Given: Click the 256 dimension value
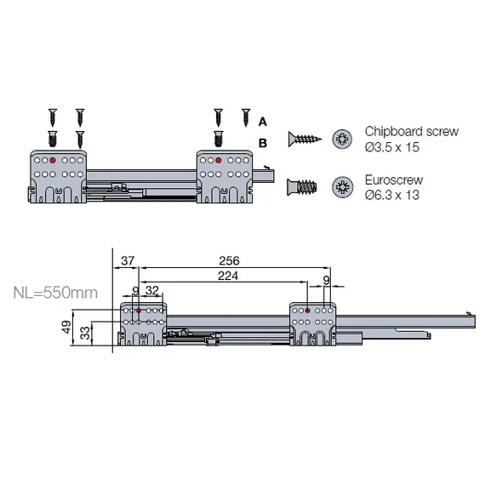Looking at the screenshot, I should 229,260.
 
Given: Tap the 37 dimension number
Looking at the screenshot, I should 128,260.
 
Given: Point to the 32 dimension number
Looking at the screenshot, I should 153,290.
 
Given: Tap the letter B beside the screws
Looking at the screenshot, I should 262,142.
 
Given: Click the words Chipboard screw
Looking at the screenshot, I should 411,132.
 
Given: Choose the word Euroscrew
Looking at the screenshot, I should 394,180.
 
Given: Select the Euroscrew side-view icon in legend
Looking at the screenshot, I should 304,186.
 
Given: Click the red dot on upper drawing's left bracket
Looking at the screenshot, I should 53,159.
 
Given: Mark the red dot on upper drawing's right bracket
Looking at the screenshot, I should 219,159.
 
